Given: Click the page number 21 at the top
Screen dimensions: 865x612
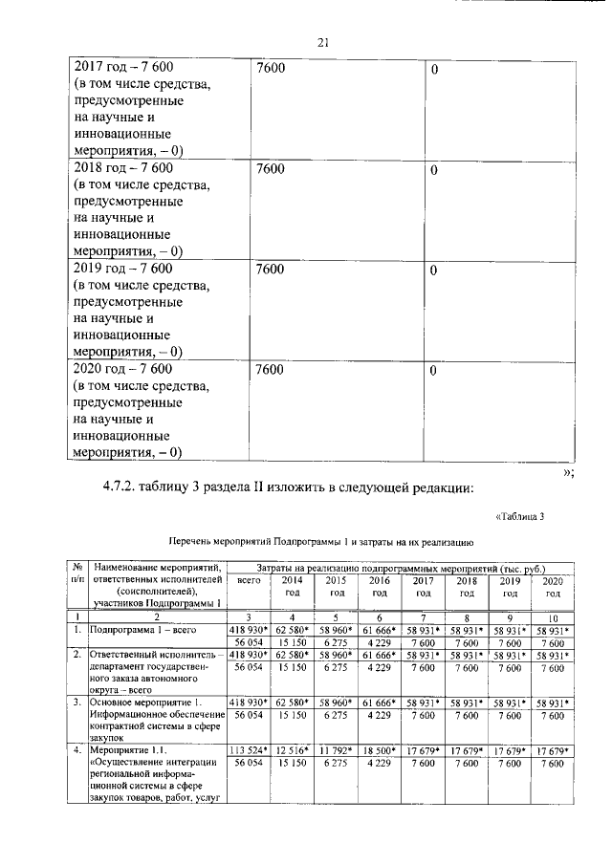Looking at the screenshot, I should click(322, 41).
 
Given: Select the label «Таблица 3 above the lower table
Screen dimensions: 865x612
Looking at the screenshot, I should click(519, 517).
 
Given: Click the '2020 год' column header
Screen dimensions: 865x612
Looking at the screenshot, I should click(552, 586).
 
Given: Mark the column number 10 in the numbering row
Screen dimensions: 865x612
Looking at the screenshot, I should click(552, 617).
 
